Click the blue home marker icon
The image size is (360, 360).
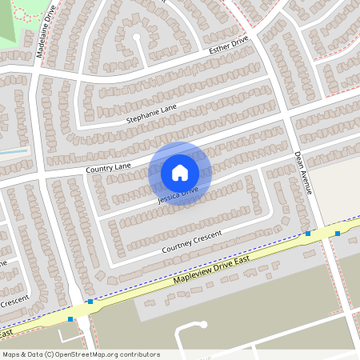pyautogui.click(x=180, y=172)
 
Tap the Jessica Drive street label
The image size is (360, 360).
pyautogui.click(x=178, y=195)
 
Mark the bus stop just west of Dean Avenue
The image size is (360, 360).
pyautogui.click(x=308, y=234)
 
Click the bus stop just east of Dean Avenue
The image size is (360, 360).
pyautogui.click(x=338, y=234)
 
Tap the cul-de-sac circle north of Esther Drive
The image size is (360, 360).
pyautogui.click(x=137, y=37)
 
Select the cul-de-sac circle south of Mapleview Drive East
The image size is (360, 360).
pyautogui.click(x=203, y=324)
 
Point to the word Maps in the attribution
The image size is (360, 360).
pyautogui.click(x=12, y=354)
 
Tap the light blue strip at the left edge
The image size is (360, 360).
pyautogui.click(x=14, y=150)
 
